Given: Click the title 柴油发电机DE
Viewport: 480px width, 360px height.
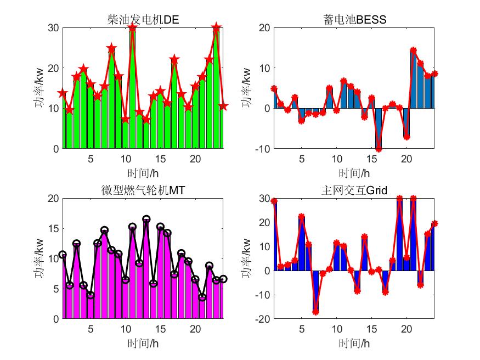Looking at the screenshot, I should point(143,20).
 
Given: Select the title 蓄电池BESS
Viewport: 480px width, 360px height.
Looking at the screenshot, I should point(355,20).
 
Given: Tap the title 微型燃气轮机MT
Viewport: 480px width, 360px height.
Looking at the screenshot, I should point(143,190).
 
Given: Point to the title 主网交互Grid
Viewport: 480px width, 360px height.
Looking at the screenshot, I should point(355,190).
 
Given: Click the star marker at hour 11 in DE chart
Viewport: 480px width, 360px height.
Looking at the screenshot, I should point(132,28).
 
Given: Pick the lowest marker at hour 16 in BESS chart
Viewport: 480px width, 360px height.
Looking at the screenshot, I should point(379,149).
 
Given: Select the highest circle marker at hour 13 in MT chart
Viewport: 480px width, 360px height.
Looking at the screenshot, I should point(146,219).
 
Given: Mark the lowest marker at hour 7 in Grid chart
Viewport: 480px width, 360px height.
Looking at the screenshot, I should point(315,312).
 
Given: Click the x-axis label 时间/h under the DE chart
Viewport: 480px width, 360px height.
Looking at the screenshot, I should point(143,173).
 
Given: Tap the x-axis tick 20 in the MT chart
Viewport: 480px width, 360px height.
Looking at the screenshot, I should point(195,328).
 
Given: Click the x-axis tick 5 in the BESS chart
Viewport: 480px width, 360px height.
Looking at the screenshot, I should point(301,158).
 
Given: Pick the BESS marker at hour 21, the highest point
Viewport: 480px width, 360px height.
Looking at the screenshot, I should point(414,50).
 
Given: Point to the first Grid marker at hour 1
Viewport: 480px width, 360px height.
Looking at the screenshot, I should point(274,201).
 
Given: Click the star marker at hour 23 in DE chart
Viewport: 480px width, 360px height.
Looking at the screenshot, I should point(216,27).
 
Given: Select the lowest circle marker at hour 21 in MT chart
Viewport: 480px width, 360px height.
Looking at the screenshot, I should point(202,297).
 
